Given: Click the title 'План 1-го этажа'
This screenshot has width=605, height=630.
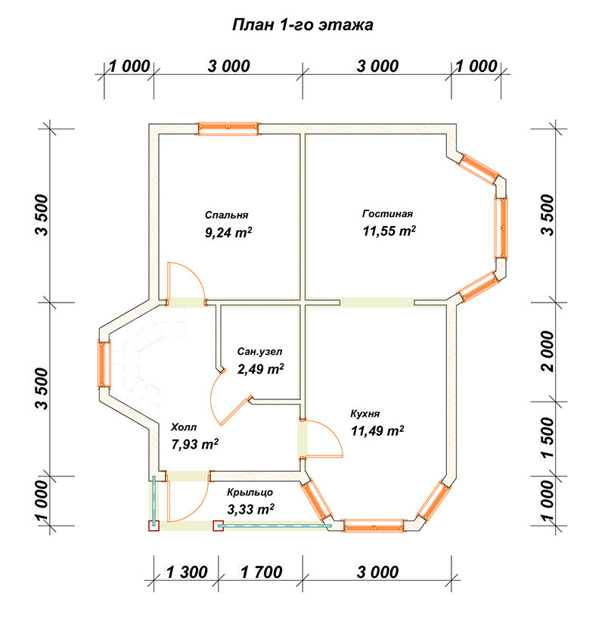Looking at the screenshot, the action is coord(302,25).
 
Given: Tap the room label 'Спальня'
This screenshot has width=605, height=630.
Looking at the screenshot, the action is coord(227,215).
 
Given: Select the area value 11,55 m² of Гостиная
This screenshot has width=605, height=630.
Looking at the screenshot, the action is coord(389,231).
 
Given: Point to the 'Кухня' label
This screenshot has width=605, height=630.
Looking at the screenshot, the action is coord(365,414).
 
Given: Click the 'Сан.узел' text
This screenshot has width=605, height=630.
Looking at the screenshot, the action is coord(259,352).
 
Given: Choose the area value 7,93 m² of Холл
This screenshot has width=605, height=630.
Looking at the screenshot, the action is coord(195,444).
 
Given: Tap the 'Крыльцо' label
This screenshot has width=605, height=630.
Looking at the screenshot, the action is coord(250,492).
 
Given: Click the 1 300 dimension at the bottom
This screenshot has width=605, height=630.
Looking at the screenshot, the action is coord(186,572).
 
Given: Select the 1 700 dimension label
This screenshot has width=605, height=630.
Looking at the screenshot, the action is coord(261,572).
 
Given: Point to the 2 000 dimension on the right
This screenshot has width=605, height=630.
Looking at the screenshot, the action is coord(548,352).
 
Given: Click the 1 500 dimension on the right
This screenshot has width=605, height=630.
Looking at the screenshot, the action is coord(548,438).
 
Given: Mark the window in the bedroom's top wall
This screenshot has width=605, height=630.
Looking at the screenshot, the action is coord(228,129).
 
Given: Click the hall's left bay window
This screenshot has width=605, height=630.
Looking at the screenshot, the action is coord(104,365).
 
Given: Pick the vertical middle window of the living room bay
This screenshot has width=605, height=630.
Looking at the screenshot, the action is coord(501,228).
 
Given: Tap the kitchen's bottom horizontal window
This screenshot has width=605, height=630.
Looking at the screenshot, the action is coord(374,526).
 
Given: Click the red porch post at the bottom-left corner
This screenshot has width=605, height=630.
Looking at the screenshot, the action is coord(154,526).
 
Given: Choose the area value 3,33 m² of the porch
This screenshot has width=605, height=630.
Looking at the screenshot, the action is coord(250,510).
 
